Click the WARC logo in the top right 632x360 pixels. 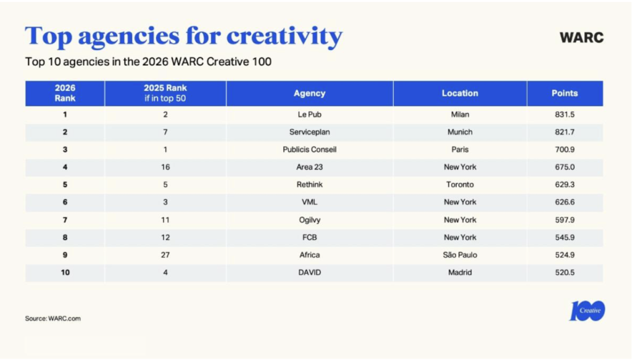click(x=581, y=37)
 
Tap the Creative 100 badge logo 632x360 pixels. click(x=587, y=311)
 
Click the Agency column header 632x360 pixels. click(x=309, y=93)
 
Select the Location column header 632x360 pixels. click(x=460, y=93)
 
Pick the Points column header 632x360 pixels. click(x=565, y=93)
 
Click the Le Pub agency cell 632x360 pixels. click(x=309, y=114)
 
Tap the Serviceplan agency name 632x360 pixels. click(x=309, y=132)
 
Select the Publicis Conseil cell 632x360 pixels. click(x=309, y=149)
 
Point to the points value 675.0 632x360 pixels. click(x=565, y=167)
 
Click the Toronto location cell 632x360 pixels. click(x=460, y=185)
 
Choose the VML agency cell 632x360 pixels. click(x=309, y=202)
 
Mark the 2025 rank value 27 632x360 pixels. click(x=165, y=255)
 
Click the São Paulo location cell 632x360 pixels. click(x=460, y=255)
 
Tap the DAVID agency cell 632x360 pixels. click(x=309, y=272)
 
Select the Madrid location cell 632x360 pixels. click(x=460, y=272)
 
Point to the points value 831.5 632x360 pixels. click(x=565, y=114)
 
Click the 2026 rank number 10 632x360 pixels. click(x=65, y=272)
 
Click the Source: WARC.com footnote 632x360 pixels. click(x=53, y=319)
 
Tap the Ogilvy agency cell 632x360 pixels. click(x=309, y=220)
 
